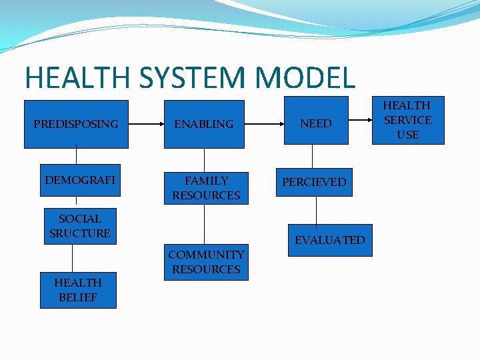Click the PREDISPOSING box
(75, 124)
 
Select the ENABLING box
(204, 124)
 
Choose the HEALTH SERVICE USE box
(407, 120)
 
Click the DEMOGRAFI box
(80, 180)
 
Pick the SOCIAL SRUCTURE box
(80, 226)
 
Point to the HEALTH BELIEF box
(78, 290)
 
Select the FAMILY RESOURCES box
(206, 188)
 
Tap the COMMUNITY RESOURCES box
(206, 262)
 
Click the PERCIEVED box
(314, 182)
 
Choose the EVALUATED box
(330, 240)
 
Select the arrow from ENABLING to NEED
(264, 124)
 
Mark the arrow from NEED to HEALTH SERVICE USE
(359, 121)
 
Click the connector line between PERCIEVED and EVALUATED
(316, 211)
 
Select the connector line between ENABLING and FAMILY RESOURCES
(205, 160)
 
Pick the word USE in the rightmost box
(407, 135)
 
